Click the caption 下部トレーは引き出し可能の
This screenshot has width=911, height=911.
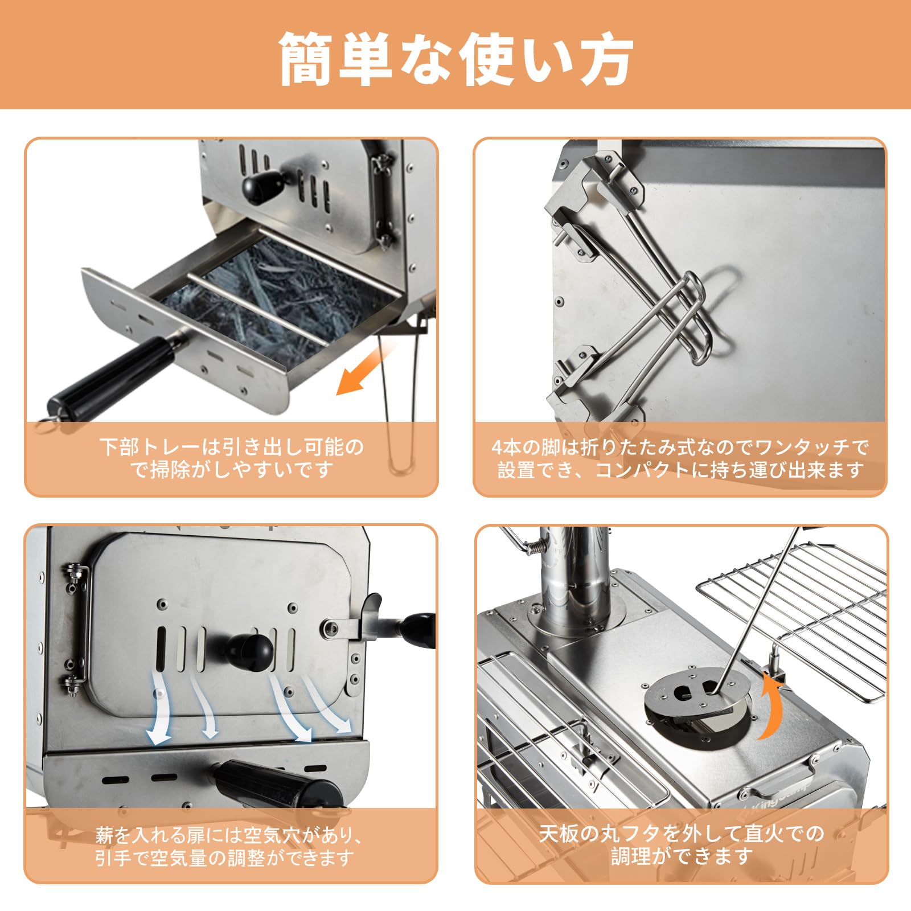(x=231, y=447)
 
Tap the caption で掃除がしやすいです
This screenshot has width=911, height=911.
(x=231, y=470)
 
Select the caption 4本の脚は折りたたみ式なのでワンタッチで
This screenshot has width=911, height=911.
(x=680, y=447)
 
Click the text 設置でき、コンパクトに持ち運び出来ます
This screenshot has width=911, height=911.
(x=680, y=470)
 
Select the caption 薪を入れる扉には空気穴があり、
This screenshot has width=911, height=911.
(x=230, y=835)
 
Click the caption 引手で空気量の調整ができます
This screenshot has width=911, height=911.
(x=224, y=858)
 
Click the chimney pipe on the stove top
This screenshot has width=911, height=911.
(x=575, y=575)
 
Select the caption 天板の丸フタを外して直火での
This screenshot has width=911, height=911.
(x=681, y=834)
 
